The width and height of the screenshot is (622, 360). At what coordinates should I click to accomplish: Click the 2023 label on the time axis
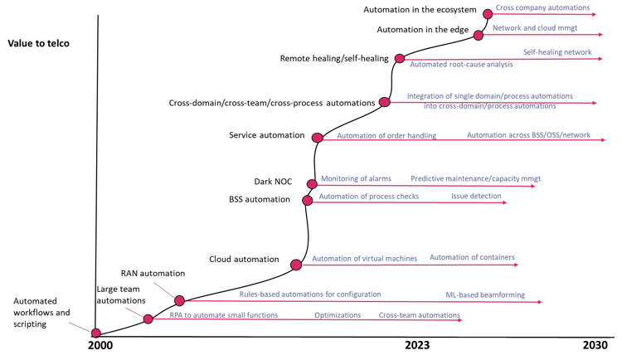tap(417, 345)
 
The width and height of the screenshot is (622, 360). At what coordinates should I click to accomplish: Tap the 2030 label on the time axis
tap(595, 345)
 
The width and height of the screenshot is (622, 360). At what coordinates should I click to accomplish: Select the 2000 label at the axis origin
tap(100, 345)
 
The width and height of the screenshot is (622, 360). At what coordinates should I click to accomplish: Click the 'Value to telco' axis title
tap(38, 43)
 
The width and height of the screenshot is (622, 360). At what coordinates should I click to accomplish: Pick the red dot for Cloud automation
tap(296, 265)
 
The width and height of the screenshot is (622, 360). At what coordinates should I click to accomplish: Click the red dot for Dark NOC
tap(312, 184)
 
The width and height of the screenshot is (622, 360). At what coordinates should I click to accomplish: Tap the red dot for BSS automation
tap(307, 201)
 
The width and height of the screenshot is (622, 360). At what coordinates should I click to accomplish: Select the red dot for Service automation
tap(318, 138)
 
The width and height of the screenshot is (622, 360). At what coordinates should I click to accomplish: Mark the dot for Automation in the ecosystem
tap(488, 14)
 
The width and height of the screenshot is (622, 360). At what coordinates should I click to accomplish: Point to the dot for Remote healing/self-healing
tap(400, 59)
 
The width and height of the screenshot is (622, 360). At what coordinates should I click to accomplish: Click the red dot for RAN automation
tap(179, 301)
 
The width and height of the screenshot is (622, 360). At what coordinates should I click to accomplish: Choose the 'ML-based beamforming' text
tap(485, 295)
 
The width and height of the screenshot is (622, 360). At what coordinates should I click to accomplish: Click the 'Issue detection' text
tap(476, 196)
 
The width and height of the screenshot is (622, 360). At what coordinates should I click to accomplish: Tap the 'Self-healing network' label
tap(557, 52)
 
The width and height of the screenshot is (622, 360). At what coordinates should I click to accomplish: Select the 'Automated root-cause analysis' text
tap(461, 65)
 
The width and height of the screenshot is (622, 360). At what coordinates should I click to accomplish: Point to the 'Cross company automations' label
tap(542, 7)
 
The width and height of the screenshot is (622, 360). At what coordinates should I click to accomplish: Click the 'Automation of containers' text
tap(472, 257)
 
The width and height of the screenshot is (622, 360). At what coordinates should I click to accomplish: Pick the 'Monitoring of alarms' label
tap(356, 178)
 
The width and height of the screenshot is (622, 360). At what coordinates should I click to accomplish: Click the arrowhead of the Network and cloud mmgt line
tap(600, 35)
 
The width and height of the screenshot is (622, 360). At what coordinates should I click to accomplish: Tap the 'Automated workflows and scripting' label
tap(41, 313)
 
